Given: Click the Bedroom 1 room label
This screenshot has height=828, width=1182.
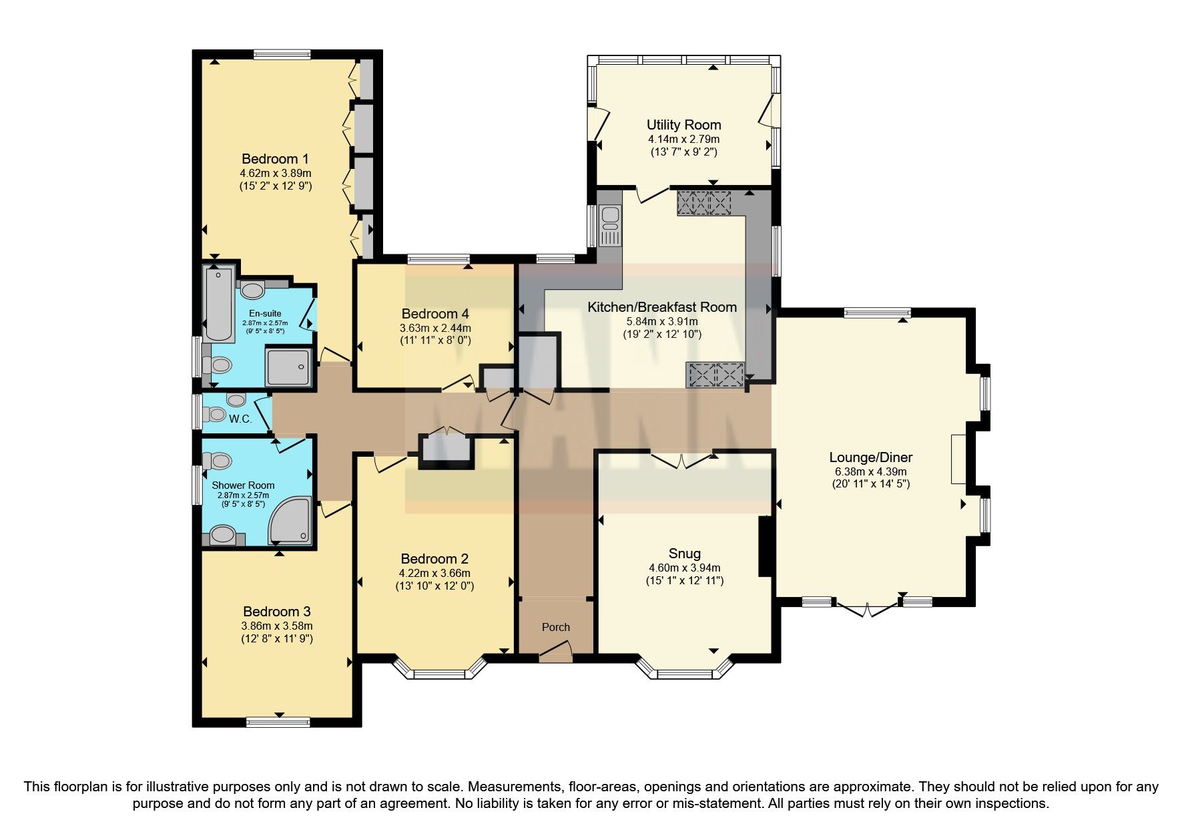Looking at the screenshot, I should (275, 159).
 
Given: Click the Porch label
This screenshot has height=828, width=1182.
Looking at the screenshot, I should (555, 627).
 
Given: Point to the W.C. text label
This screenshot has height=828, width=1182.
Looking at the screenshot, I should (240, 419).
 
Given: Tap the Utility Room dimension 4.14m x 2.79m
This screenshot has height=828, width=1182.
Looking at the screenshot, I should (683, 140).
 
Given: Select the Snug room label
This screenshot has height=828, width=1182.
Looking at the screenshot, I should (684, 554).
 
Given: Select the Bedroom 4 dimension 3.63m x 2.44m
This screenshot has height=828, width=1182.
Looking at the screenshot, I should (435, 328).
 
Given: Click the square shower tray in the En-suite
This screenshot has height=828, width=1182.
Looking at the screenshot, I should (288, 367).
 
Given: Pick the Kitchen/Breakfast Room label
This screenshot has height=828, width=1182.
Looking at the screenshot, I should (661, 307).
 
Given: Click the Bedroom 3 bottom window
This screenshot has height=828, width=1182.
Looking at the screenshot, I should (278, 722).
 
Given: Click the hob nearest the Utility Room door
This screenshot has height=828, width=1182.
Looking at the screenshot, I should (705, 203).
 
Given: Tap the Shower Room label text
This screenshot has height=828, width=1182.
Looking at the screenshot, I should (243, 485).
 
